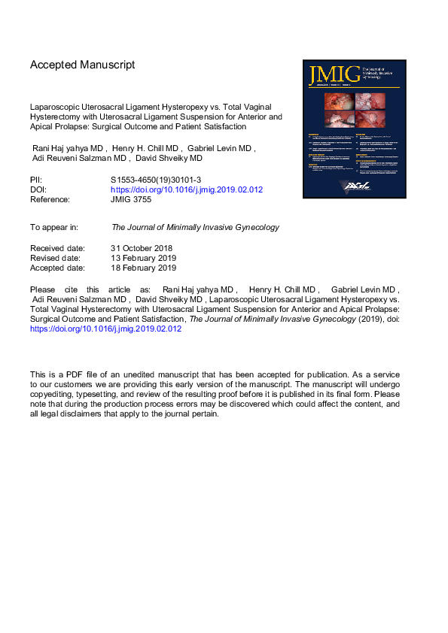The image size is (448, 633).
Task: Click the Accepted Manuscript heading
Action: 83,65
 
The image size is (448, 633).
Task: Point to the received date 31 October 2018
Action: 142,248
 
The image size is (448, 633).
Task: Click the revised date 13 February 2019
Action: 143,258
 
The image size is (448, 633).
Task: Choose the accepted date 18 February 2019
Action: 143,268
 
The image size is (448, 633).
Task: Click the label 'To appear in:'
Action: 57,226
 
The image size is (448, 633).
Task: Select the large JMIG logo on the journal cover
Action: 328,74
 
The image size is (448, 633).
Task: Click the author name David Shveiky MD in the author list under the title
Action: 175,159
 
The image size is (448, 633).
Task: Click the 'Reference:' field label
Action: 51,200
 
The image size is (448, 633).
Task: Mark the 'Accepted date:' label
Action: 58,268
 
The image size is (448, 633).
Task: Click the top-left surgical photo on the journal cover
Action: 334,100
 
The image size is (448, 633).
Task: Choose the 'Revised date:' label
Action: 56,258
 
